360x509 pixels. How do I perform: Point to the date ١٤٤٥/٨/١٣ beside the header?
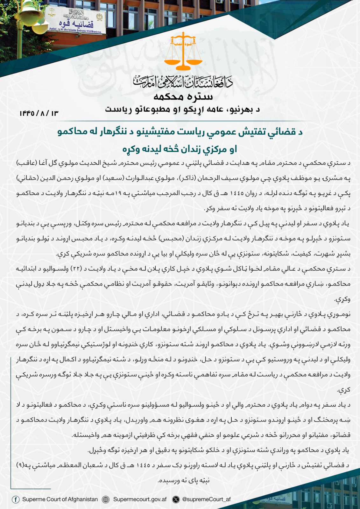click(x=39, y=113)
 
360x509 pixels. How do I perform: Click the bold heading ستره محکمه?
click(x=183, y=96)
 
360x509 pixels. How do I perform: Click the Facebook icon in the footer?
click(x=15, y=499)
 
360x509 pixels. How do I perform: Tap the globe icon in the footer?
click(x=106, y=499)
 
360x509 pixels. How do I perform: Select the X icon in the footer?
click(x=176, y=499)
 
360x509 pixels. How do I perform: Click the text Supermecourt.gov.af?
click(x=140, y=499)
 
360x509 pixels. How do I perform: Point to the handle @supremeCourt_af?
click(x=206, y=499)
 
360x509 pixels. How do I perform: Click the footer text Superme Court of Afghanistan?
click(x=60, y=499)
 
